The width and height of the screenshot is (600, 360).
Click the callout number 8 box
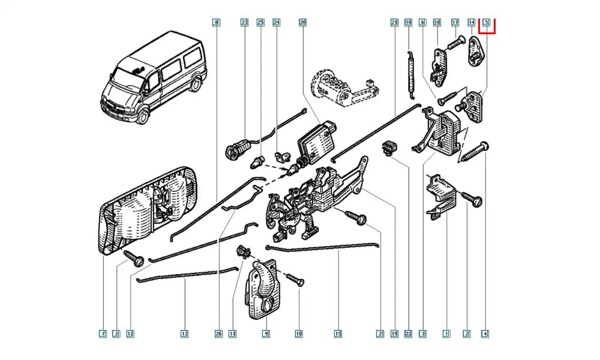(x=216, y=23)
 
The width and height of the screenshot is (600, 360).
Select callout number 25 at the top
(x=260, y=23)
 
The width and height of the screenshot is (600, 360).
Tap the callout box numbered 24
(x=277, y=23)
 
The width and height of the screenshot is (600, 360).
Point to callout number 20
(x=302, y=23)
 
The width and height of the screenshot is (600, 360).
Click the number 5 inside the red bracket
(x=487, y=23)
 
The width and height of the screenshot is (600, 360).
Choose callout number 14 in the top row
(x=471, y=23)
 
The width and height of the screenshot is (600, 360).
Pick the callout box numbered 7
(x=103, y=333)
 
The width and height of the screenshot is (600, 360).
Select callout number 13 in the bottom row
(x=184, y=333)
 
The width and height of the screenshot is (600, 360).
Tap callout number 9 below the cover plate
(x=266, y=333)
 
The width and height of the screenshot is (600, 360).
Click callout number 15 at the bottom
(x=338, y=333)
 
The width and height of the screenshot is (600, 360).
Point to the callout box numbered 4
(x=485, y=333)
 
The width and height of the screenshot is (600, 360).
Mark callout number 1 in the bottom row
(x=446, y=333)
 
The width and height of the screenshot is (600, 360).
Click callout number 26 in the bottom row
(x=216, y=333)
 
